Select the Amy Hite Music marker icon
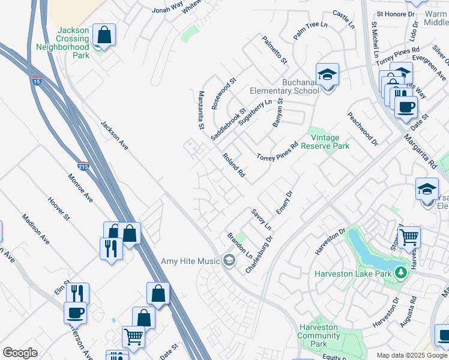pyautogui.click(x=228, y=260)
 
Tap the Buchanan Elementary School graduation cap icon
pyautogui.click(x=327, y=75)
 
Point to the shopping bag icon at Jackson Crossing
pyautogui.click(x=104, y=35)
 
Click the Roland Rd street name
pyautogui.click(x=234, y=165)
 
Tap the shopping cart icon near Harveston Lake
pyautogui.click(x=408, y=237)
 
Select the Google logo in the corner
pyautogui.click(x=20, y=353)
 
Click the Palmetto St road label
pyautogui.click(x=274, y=50)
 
